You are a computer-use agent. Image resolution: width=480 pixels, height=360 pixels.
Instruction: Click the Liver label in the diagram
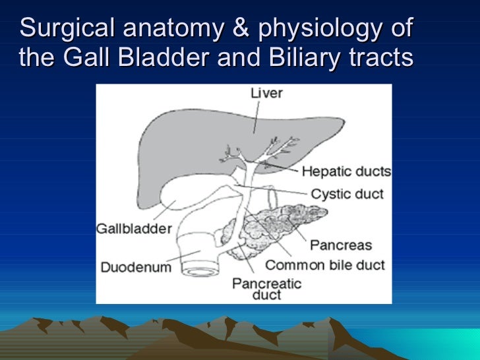[266, 94]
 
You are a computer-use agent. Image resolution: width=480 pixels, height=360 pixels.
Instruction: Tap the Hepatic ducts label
[346, 171]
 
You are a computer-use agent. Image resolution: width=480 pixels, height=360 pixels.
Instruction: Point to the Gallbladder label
[134, 229]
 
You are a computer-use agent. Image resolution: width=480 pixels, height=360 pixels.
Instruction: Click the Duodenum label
[136, 267]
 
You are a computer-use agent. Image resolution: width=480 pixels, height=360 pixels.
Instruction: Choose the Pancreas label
[341, 245]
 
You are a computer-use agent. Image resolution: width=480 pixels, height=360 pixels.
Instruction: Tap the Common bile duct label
[324, 265]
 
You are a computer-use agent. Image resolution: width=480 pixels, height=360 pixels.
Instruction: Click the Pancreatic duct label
[266, 289]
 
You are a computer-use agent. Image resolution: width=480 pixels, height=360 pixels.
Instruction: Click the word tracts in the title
[380, 59]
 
